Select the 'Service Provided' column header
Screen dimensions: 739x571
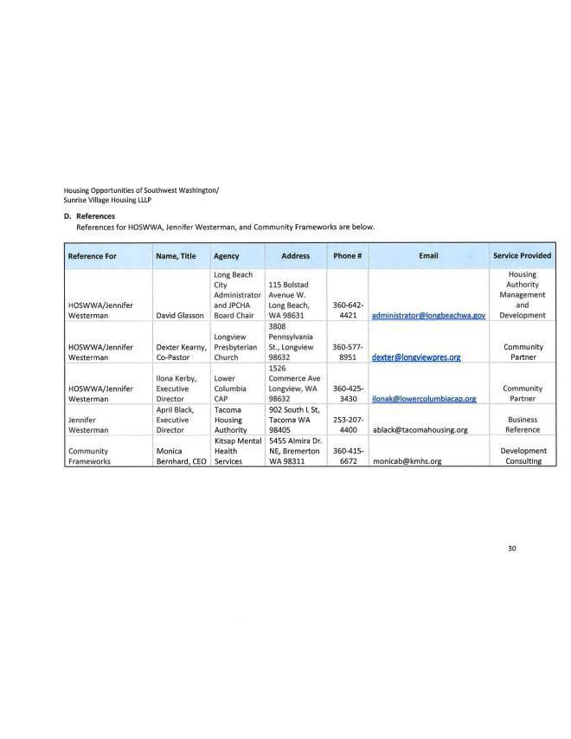tap(522, 256)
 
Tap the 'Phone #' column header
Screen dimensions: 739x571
tap(347, 256)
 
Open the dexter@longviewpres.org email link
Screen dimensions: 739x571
tap(409, 357)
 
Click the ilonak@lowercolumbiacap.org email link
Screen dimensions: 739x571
tap(424, 399)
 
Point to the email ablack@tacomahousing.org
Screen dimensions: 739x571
tap(420, 429)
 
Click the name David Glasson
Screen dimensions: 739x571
tap(179, 316)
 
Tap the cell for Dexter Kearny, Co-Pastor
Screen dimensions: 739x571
tap(181, 351)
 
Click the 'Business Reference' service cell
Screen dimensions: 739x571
tap(522, 423)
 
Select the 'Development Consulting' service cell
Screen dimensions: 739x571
tap(522, 456)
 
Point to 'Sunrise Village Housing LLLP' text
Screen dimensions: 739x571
tap(106, 198)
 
